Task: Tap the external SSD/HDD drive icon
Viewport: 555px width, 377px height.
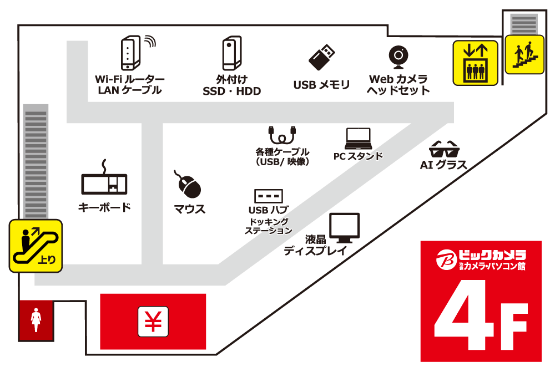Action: (232, 53)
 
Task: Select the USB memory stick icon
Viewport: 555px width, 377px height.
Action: (322, 57)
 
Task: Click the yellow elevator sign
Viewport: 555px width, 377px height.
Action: (476, 63)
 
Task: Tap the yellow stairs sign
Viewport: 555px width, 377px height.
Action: (524, 54)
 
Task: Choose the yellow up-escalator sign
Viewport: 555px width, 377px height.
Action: (36, 246)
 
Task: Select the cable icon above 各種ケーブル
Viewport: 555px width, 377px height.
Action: (282, 135)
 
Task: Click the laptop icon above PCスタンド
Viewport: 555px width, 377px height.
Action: (358, 139)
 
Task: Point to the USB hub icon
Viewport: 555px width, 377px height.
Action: (269, 196)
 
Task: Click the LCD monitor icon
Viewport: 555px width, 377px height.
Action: (345, 228)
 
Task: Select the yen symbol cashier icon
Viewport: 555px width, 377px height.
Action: (153, 322)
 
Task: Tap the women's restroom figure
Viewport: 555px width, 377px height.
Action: (36, 320)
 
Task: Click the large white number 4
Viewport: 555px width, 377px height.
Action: (464, 315)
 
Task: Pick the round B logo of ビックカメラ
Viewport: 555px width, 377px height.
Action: (447, 259)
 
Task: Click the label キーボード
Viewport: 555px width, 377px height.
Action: (104, 207)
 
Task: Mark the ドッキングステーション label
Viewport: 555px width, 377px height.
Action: (269, 226)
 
